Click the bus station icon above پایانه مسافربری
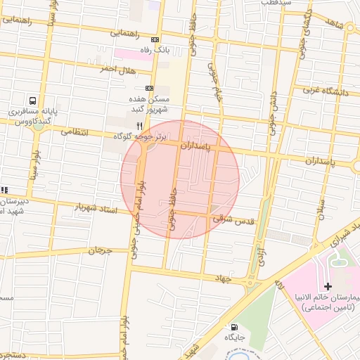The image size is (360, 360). tap(33, 100)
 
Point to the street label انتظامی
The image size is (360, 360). tap(75, 131)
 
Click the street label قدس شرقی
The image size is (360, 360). tap(238, 220)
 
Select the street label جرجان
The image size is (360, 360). tap(101, 250)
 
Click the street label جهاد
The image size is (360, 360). tap(224, 278)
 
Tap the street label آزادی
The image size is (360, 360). tap(260, 253)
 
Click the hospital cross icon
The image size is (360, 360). tap(328, 287)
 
